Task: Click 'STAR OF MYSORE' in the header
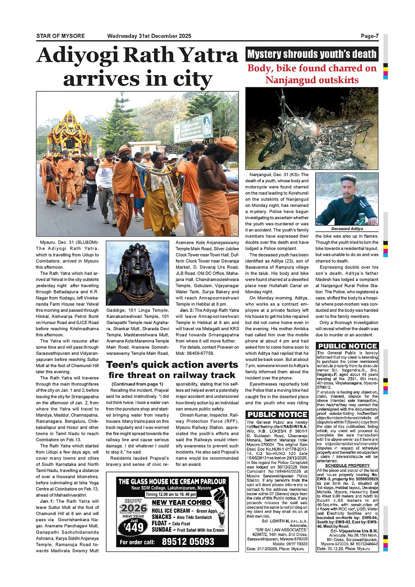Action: point(61,36)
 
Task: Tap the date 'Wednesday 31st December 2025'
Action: point(149,36)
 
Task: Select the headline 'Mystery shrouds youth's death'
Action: point(312,54)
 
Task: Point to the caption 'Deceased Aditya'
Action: point(346,229)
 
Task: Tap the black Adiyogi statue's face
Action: point(137,265)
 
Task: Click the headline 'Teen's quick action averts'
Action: point(172,364)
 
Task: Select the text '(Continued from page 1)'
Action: point(137,384)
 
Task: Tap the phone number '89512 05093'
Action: point(188,541)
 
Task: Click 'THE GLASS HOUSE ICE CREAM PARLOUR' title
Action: point(172,482)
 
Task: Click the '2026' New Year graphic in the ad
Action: point(134,508)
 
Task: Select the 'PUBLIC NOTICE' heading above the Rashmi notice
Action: point(277,414)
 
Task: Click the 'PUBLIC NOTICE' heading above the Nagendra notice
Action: point(347,346)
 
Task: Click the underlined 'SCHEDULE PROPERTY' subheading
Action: point(347,465)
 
